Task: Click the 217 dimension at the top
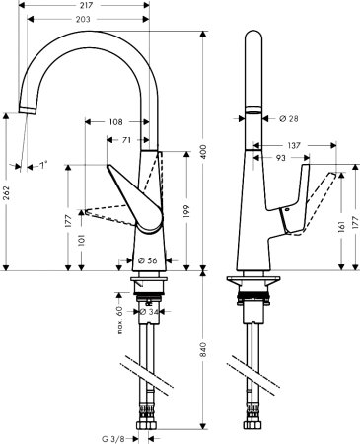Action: point(88,6)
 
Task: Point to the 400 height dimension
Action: point(204,153)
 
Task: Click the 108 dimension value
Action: point(114,122)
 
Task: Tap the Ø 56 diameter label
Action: point(148,260)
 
